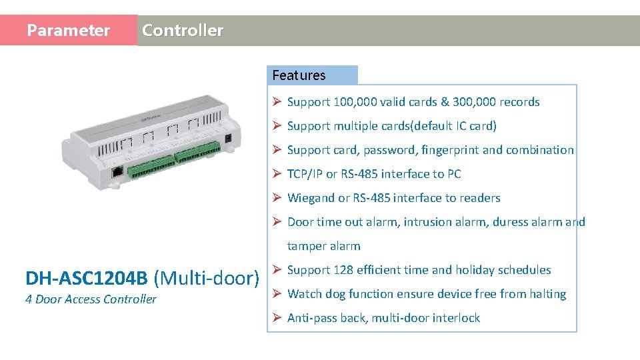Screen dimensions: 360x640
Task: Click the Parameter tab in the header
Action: [68, 31]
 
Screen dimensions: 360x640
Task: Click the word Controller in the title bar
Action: [183, 31]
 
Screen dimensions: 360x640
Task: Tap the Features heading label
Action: [299, 75]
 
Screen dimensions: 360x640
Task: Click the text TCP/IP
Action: [305, 174]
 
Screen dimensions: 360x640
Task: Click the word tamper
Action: [306, 246]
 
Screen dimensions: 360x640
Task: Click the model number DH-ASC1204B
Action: [87, 278]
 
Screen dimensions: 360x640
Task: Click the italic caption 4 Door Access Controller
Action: [91, 299]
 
